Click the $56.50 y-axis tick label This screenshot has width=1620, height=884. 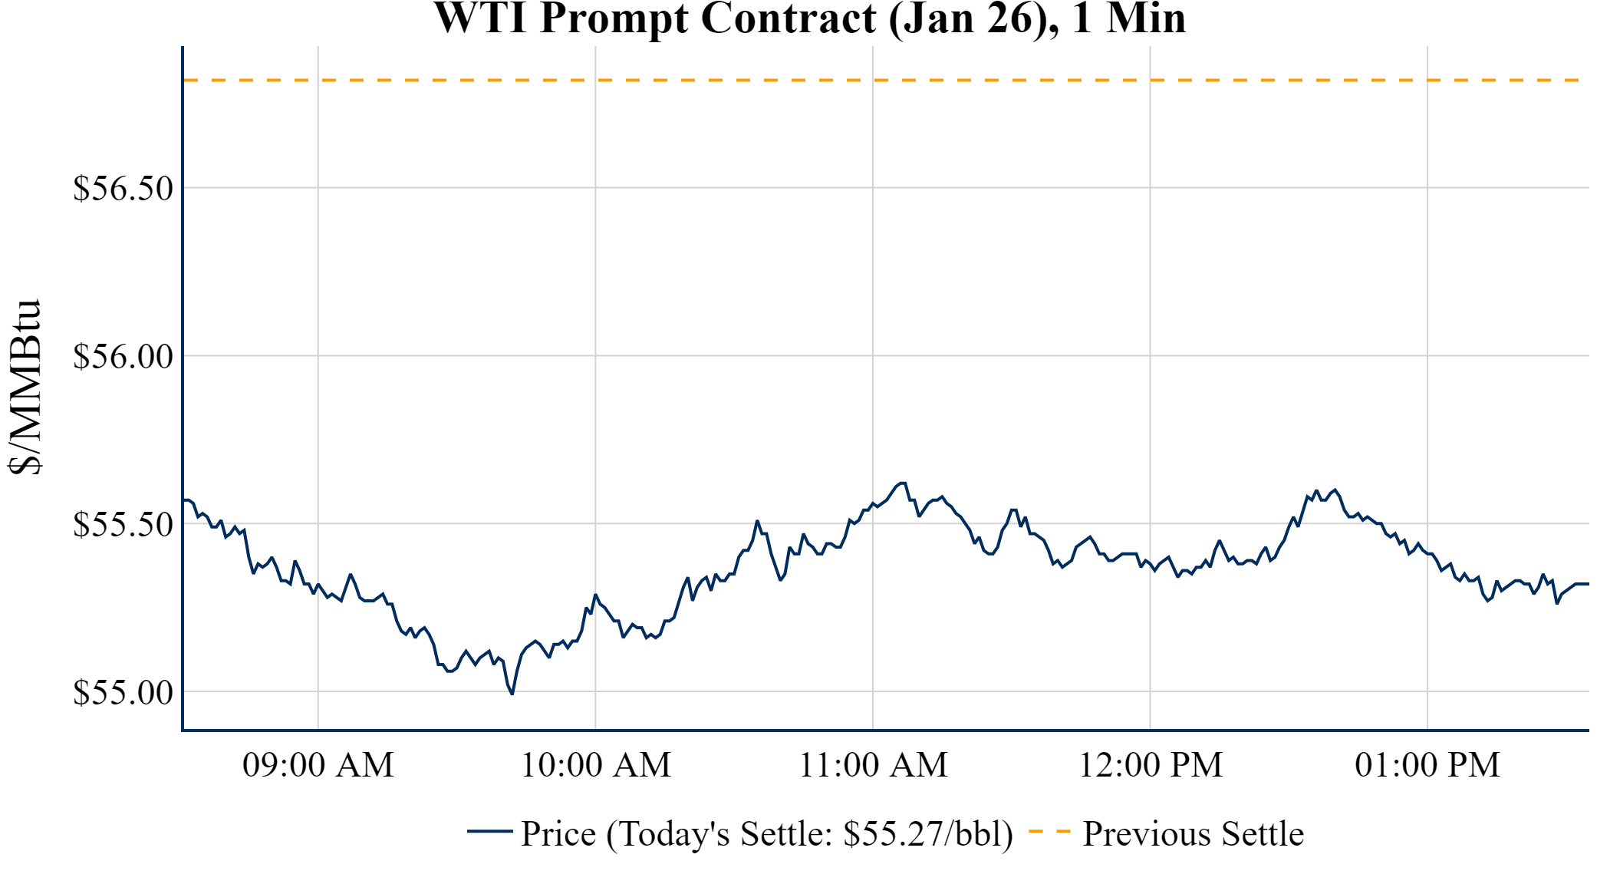(x=123, y=189)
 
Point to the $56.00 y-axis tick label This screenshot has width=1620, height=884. (x=123, y=357)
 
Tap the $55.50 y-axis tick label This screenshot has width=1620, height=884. (x=123, y=525)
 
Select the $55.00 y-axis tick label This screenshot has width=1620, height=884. (x=123, y=693)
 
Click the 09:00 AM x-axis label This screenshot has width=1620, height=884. (x=318, y=765)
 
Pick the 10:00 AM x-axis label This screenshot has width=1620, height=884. (x=595, y=765)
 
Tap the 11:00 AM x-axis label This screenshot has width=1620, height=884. (x=873, y=765)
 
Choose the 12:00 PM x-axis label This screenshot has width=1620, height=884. (x=1150, y=765)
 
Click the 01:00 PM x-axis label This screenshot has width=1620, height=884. (x=1427, y=765)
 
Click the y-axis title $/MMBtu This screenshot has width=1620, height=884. (x=25, y=388)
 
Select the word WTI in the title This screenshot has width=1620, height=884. (x=480, y=18)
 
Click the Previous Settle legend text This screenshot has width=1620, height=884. (x=1193, y=834)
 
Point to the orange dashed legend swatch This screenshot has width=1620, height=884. (x=1049, y=831)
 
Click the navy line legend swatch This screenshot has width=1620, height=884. (x=489, y=831)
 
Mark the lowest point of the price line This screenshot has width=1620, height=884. (x=512, y=694)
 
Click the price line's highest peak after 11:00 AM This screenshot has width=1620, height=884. (x=903, y=483)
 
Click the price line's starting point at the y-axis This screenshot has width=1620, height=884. (x=184, y=500)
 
